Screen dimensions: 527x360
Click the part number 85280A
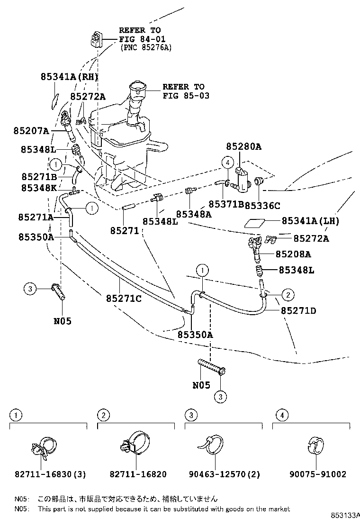[243, 147]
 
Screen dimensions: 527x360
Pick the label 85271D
[298, 311]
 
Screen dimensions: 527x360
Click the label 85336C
[263, 205]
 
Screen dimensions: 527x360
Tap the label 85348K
[39, 188]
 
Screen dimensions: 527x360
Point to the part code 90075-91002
[318, 474]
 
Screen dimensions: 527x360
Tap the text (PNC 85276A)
[146, 47]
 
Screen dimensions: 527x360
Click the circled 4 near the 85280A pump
[227, 163]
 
